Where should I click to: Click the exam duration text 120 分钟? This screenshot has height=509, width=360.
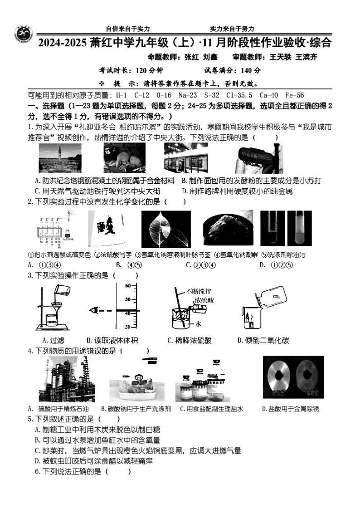tap(143, 70)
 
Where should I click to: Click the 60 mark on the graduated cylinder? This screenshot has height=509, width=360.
tap(128, 286)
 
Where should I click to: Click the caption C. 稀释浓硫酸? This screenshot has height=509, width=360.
tap(190, 340)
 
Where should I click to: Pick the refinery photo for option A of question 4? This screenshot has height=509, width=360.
tap(66, 379)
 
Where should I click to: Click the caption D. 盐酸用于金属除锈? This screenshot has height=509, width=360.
tap(290, 409)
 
